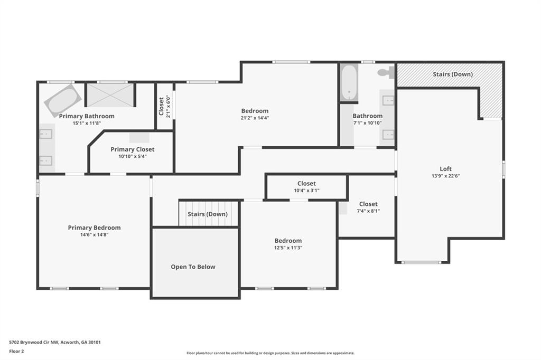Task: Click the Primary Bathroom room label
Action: click(x=87, y=116)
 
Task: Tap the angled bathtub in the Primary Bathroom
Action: click(x=63, y=100)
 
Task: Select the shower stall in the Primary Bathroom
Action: click(x=110, y=95)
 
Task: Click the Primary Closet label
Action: click(x=133, y=149)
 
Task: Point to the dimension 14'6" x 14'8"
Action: click(x=94, y=235)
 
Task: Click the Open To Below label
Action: click(x=193, y=267)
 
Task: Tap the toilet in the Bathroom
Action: click(x=386, y=72)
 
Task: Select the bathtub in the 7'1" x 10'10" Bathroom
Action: click(x=349, y=83)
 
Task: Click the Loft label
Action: click(x=445, y=168)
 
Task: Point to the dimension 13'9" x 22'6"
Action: click(x=445, y=176)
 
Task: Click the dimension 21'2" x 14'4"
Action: click(x=255, y=118)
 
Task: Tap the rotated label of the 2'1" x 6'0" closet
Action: click(x=161, y=106)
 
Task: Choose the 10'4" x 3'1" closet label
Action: click(x=307, y=184)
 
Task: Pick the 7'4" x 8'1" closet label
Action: click(x=368, y=204)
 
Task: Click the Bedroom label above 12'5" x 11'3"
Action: click(x=288, y=241)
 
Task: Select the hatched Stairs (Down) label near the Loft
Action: click(x=453, y=74)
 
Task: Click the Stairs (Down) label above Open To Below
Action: click(x=208, y=214)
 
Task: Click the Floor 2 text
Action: click(x=16, y=352)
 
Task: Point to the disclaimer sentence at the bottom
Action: click(x=270, y=353)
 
